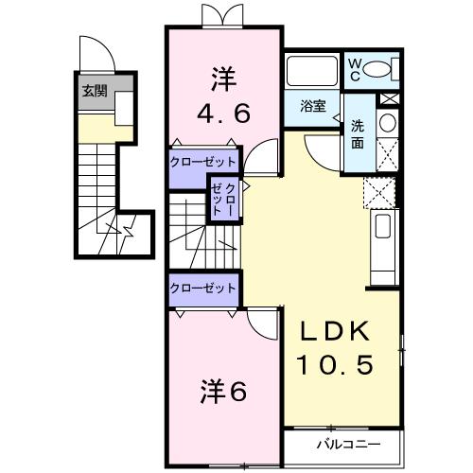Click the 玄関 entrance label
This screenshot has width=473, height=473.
click(x=93, y=91)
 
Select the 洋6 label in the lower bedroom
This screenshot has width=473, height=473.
click(x=223, y=389)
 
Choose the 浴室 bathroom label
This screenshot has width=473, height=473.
click(x=313, y=106)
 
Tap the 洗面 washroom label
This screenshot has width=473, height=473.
click(x=359, y=133)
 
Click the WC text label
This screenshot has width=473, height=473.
click(x=356, y=68)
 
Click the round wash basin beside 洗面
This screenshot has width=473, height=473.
click(x=386, y=123)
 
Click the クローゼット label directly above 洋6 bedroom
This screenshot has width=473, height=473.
click(x=202, y=287)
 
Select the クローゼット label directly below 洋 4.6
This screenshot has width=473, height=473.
click(x=202, y=162)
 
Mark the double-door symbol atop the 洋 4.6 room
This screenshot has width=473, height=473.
click(x=218, y=16)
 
